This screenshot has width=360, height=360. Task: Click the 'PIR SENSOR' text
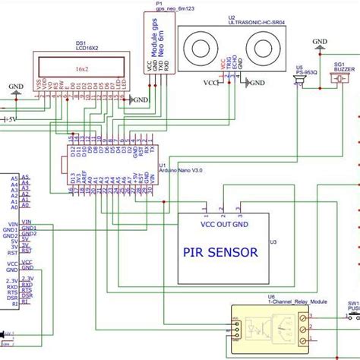click(x=219, y=252)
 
